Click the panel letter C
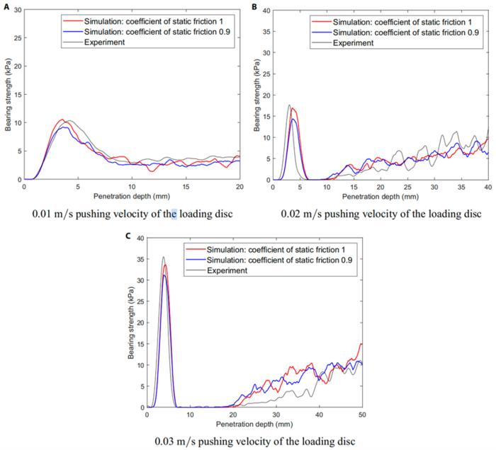(128, 234)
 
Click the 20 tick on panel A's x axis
(239, 187)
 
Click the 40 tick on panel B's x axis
(487, 187)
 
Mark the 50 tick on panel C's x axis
(361, 415)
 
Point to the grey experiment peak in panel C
(163, 257)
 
